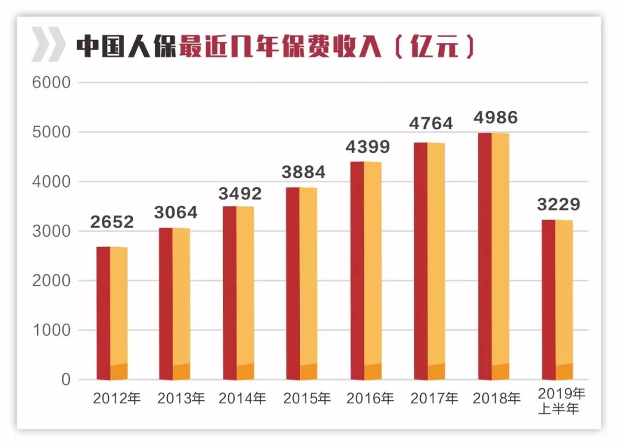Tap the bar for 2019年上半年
pos(557,300)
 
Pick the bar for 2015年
pos(302,284)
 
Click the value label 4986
pos(496,118)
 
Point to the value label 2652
pos(112,221)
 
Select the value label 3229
pos(558,204)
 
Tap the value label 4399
pos(367,147)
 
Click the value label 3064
pos(175,213)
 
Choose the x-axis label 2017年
pos(434,398)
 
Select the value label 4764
pos(431,124)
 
